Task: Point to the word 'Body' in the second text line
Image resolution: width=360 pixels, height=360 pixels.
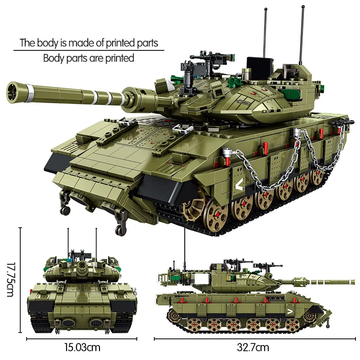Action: (54, 58)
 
